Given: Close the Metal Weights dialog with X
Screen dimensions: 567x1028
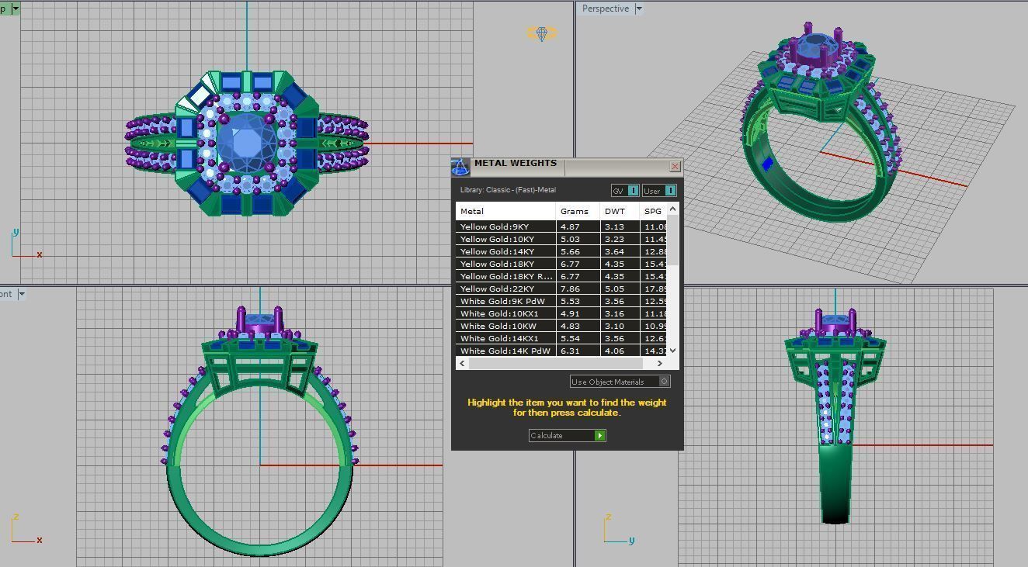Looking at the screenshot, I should (x=675, y=166).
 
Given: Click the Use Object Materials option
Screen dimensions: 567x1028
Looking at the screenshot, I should (x=619, y=382).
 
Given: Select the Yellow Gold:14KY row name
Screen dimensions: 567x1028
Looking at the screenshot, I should (x=497, y=251).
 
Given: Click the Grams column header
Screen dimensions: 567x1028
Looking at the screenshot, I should (x=575, y=211).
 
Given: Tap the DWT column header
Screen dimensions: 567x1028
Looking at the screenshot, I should (x=615, y=211).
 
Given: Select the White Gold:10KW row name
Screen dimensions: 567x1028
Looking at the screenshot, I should (x=498, y=326).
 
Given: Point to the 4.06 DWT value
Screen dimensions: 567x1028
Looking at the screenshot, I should (x=614, y=351).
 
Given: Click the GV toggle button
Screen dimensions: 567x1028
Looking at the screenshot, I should (x=625, y=191).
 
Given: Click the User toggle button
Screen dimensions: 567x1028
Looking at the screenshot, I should (x=659, y=191).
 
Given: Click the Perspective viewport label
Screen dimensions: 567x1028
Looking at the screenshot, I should (x=605, y=9).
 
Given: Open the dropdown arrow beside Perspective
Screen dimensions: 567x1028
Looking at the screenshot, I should (x=639, y=9).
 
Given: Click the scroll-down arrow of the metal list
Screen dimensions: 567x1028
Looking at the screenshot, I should (x=672, y=351).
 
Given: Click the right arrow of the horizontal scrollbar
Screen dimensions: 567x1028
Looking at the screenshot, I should (x=660, y=363).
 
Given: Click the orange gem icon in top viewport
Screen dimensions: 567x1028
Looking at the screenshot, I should (x=542, y=33).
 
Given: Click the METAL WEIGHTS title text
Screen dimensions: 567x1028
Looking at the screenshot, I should (x=516, y=164).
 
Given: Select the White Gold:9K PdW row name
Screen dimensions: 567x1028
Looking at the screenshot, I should (x=502, y=301).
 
